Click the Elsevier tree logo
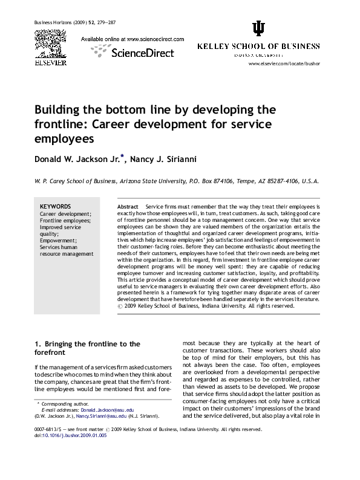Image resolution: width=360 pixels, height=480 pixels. point(50,44)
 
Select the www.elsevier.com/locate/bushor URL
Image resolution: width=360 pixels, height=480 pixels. point(284,63)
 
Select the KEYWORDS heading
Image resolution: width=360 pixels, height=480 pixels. point(55,206)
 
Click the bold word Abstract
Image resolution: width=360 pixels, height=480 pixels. point(128,207)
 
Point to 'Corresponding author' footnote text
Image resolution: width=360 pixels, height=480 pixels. point(63,403)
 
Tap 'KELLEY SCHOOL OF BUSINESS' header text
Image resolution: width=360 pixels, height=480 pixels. point(258,47)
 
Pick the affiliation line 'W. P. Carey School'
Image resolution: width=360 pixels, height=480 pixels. point(175,181)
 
